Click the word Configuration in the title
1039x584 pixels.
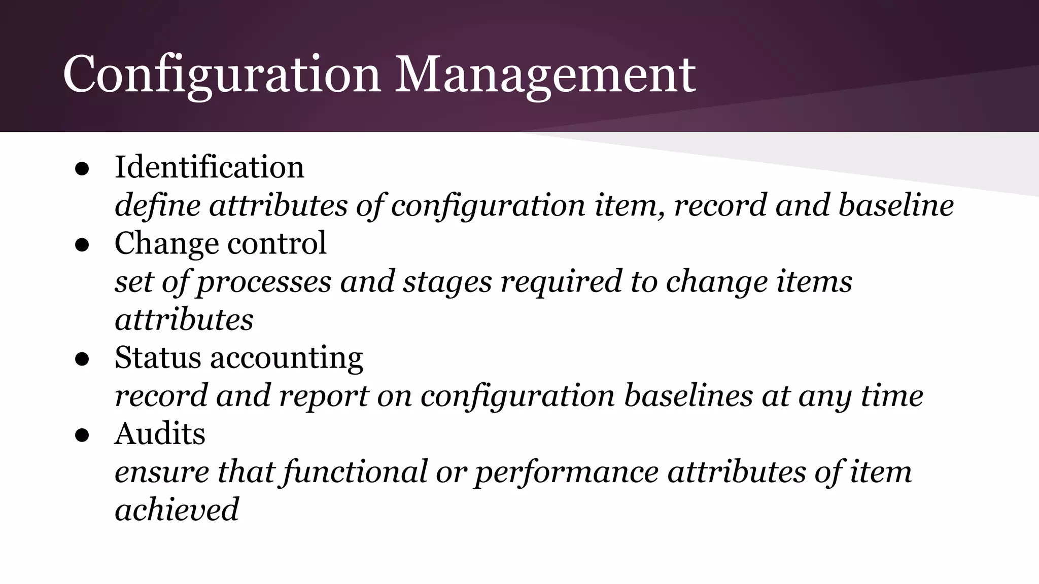pos(221,75)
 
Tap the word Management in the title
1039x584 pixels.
pos(545,75)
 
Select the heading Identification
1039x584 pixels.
pos(209,167)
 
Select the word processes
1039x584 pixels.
pos(264,282)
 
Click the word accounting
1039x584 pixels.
pos(287,358)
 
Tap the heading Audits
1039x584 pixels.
pos(160,433)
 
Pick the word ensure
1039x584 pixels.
pos(162,472)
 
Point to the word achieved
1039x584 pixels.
pos(177,509)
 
